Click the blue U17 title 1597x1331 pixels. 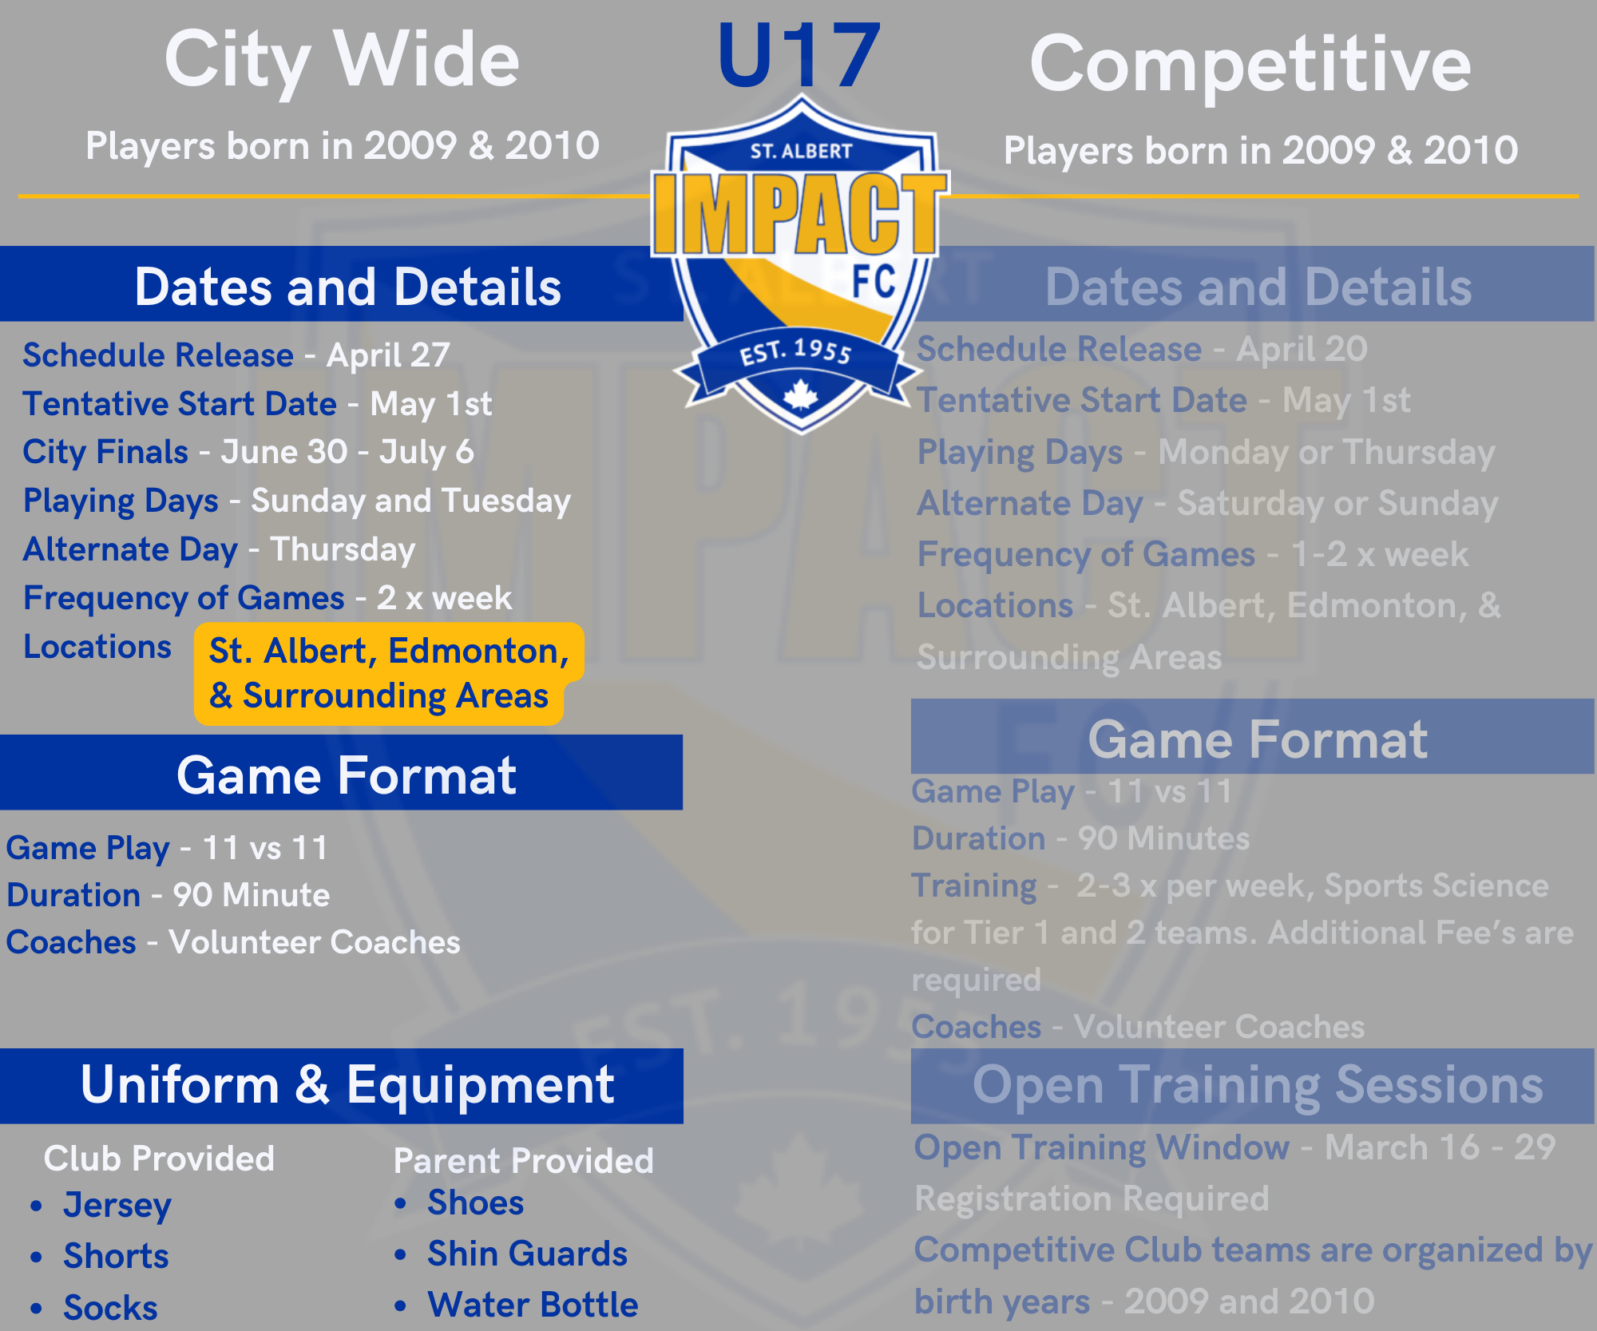[798, 55]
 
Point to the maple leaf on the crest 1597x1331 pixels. [801, 394]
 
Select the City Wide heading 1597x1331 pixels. [342, 60]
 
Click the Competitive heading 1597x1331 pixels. [1250, 65]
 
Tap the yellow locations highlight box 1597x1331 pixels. [389, 674]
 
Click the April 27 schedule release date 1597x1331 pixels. [388, 355]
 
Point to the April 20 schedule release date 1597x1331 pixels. [1302, 349]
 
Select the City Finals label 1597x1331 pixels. [105, 452]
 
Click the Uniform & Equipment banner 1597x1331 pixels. [342, 1086]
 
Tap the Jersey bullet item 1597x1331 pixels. [117, 1205]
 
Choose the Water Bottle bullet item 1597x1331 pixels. [533, 1305]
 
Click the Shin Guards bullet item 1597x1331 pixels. [527, 1254]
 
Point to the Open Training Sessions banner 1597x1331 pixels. [1253, 1086]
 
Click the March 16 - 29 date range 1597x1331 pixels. [1440, 1147]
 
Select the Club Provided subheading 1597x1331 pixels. [159, 1159]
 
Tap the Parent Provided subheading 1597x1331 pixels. [524, 1161]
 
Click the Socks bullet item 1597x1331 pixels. [110, 1308]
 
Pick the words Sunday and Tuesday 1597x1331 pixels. [410, 501]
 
